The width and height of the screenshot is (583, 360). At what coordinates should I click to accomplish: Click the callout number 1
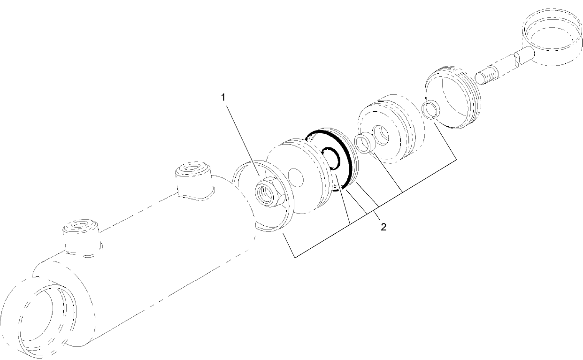click(x=223, y=97)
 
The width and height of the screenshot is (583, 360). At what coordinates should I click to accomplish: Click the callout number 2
click(x=383, y=227)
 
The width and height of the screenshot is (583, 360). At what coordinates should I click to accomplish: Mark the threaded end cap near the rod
click(x=453, y=96)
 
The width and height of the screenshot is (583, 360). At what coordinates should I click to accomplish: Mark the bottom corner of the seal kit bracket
click(x=294, y=258)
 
